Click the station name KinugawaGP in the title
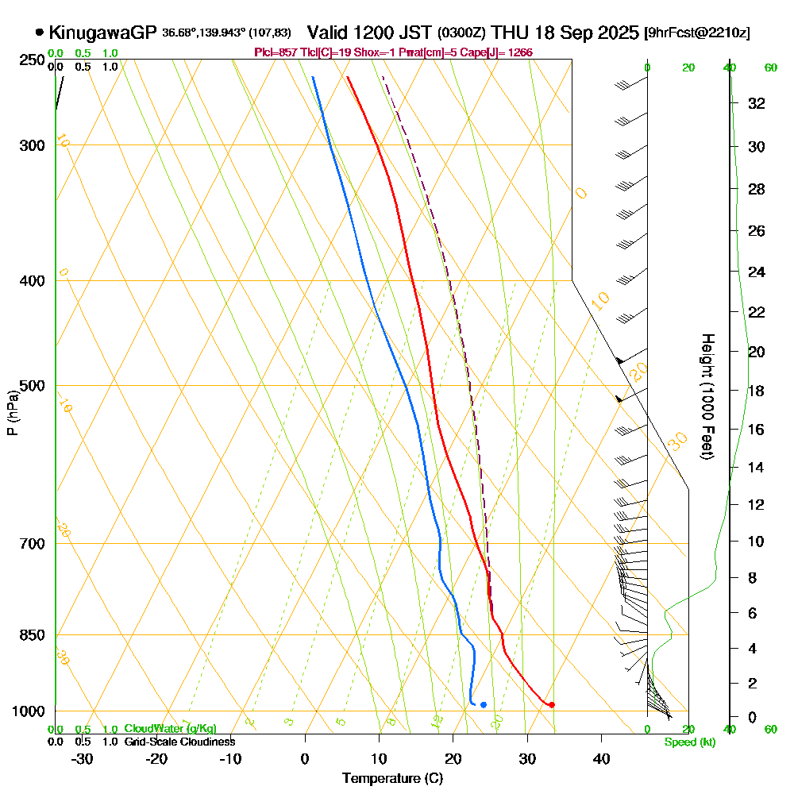(x=103, y=33)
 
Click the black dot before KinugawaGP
(x=39, y=33)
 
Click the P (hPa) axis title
(x=12, y=413)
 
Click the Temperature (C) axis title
(x=392, y=779)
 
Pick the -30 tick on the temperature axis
(x=82, y=759)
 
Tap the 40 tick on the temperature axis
(x=601, y=759)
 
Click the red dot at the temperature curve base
(x=551, y=704)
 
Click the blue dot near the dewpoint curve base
(x=483, y=705)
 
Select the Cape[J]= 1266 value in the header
(x=506, y=52)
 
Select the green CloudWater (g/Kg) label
(x=170, y=729)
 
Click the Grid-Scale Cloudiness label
(x=179, y=742)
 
